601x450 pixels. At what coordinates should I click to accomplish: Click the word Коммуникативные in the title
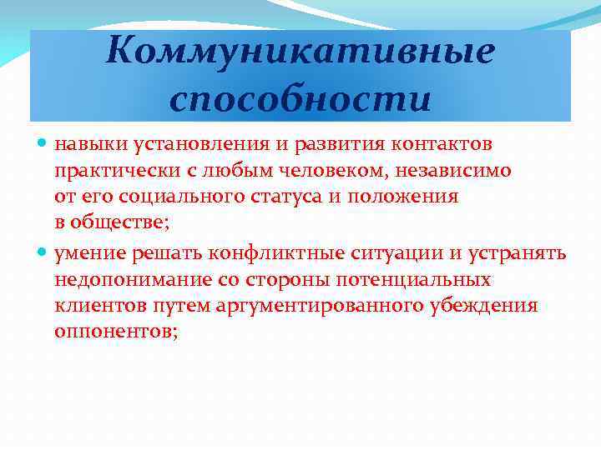(x=300, y=52)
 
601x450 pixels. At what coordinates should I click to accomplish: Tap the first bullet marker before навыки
(x=43, y=145)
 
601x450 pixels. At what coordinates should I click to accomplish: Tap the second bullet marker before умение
(x=43, y=252)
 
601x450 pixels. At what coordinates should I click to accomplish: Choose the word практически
(x=108, y=171)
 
